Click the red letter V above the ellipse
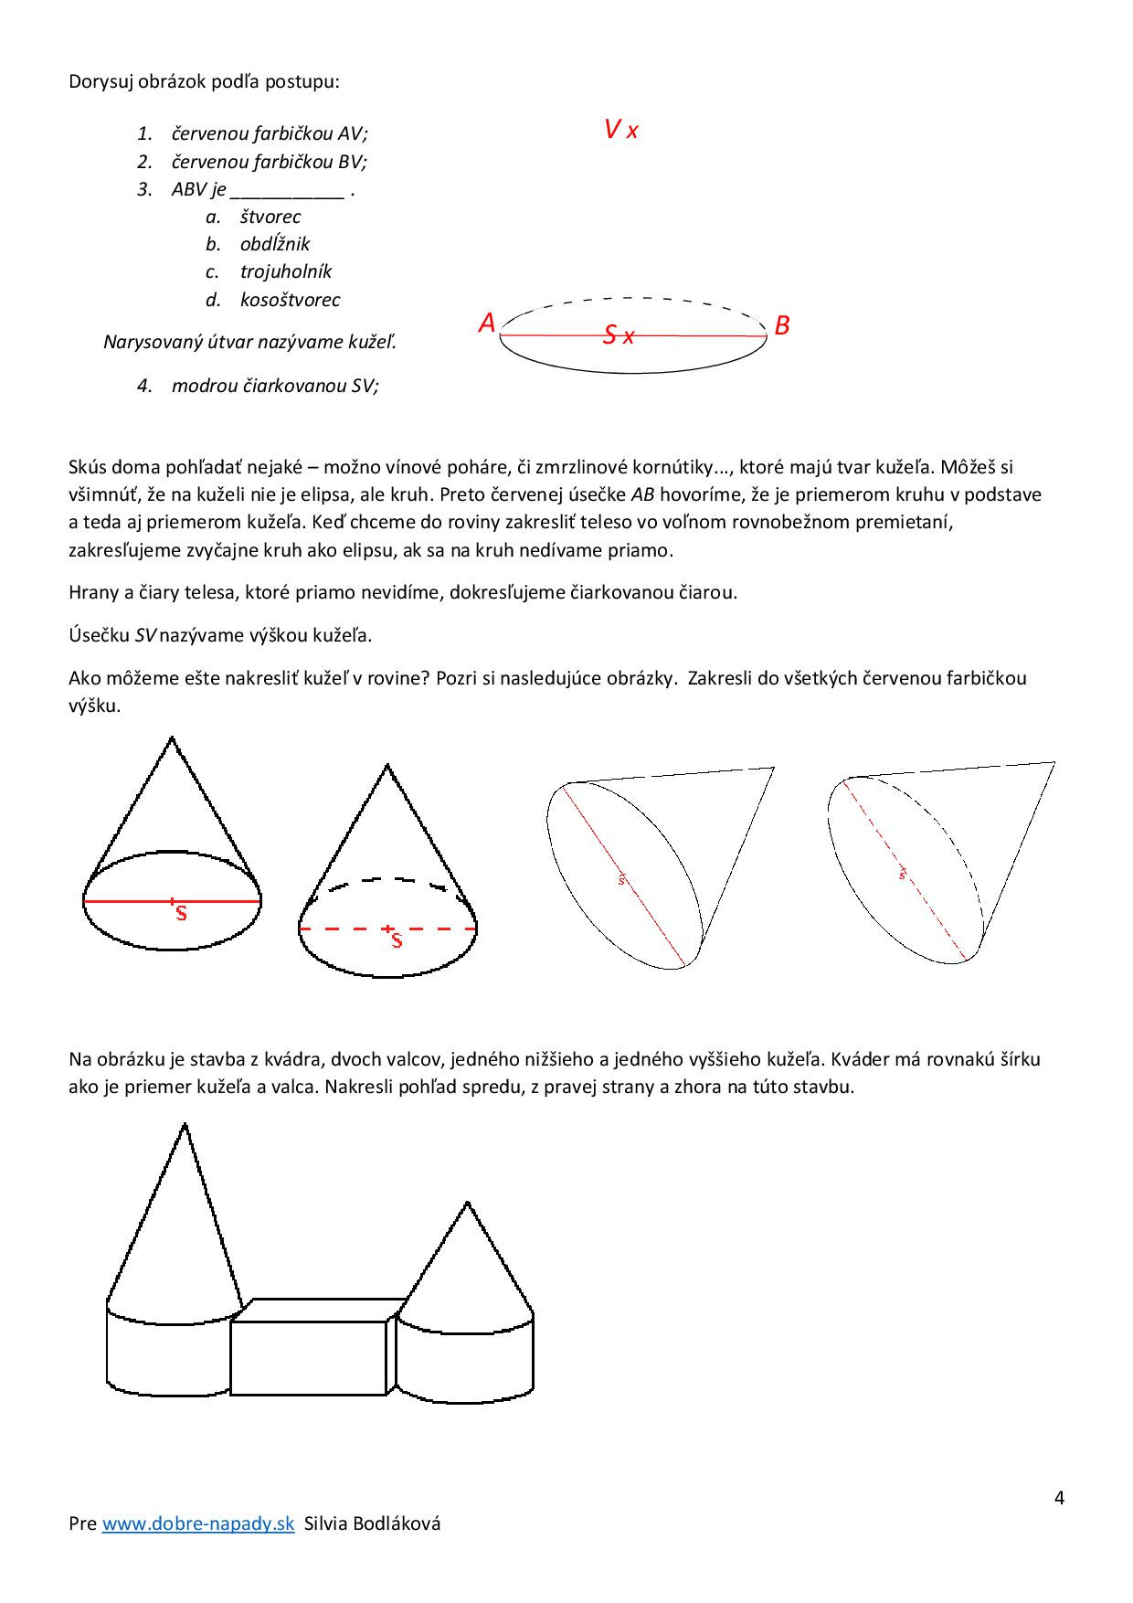(612, 130)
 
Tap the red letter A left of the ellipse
(487, 324)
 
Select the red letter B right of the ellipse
(782, 325)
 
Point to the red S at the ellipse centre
(609, 335)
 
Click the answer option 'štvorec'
(270, 218)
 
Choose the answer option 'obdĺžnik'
(275, 245)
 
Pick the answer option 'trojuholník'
(286, 272)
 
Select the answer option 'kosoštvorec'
(290, 300)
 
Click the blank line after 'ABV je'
(287, 192)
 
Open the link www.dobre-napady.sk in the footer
(198, 1523)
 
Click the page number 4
(1059, 1498)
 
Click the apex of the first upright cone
(172, 738)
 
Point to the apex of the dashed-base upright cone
(387, 766)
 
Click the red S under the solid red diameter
(181, 913)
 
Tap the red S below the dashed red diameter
(397, 940)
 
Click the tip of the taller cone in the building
(185, 1125)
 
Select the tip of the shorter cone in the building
(468, 1204)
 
